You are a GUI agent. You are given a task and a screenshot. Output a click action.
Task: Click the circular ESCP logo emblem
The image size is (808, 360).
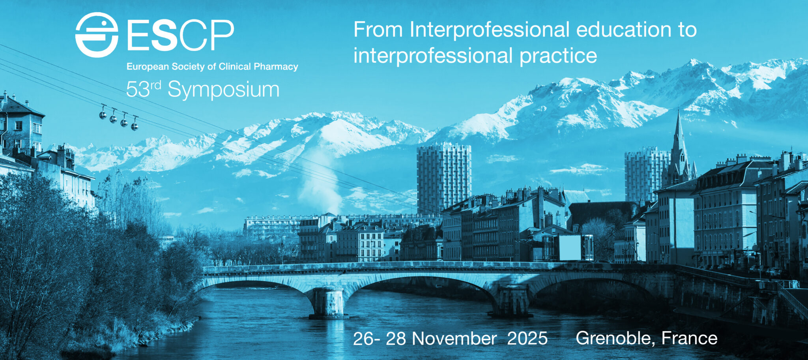[97, 35]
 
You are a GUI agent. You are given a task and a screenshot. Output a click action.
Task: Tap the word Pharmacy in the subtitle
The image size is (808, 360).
[276, 67]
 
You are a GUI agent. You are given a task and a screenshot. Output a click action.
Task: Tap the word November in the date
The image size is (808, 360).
[454, 339]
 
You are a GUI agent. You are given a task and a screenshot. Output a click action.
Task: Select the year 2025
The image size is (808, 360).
[527, 339]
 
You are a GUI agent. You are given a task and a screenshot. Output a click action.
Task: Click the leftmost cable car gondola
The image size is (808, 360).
[103, 114]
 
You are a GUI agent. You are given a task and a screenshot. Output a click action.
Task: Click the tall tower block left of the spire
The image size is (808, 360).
[444, 174]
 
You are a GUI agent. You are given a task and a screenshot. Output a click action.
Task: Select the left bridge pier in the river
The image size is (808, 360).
[329, 303]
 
